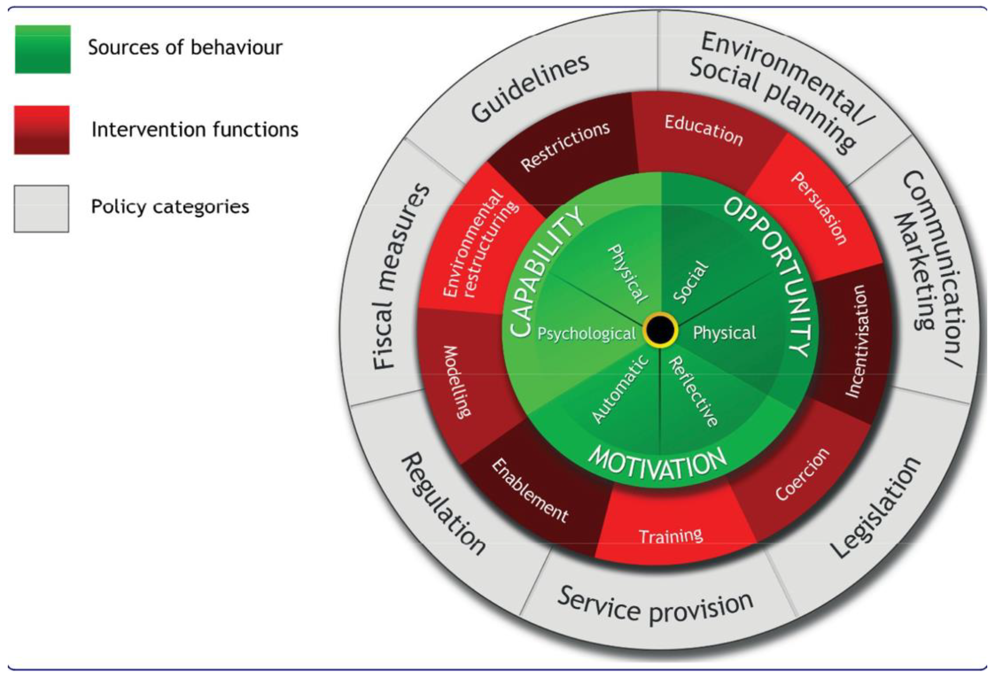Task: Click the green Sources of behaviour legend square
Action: coord(42,49)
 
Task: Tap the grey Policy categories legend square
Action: coord(41,208)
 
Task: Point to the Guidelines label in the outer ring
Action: coord(530,88)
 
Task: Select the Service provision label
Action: coord(655,606)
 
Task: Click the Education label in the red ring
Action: coord(703,130)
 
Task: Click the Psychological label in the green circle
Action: coord(586,333)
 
